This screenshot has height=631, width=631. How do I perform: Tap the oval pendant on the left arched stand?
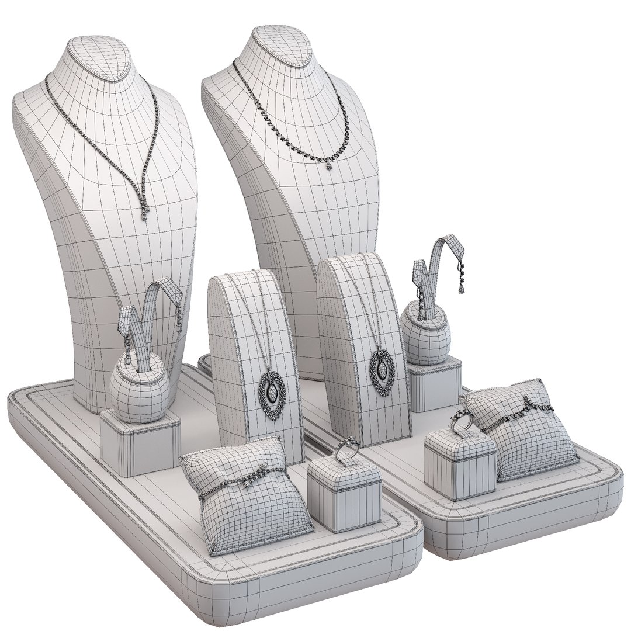[x=270, y=393]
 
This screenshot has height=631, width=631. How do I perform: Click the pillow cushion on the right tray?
[x=526, y=432]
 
